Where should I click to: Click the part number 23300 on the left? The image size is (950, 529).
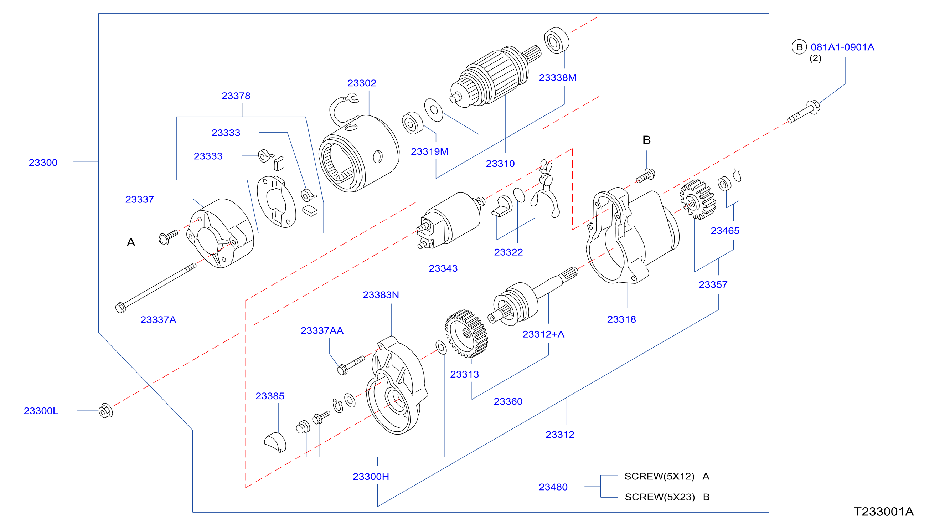43,163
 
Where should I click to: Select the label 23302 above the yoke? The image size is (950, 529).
362,83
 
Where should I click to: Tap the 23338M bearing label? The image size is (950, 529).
558,77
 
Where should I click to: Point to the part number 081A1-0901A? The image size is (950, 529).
842,47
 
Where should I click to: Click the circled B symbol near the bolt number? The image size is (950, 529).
799,47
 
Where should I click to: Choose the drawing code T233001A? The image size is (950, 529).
884,512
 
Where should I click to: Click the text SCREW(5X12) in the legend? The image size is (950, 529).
659,476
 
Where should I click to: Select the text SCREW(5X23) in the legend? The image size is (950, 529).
660,497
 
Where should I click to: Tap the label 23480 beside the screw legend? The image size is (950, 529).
553,487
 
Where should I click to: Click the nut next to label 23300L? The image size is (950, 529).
106,411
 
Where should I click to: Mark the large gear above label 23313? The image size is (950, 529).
466,334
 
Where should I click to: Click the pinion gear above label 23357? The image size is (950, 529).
698,200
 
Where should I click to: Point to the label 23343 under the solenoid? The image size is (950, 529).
443,268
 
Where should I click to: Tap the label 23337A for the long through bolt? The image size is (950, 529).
158,320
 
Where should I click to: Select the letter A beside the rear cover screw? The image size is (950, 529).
131,242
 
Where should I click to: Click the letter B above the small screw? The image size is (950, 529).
646,140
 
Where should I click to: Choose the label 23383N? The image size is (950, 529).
381,295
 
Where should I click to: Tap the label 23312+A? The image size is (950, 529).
543,334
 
